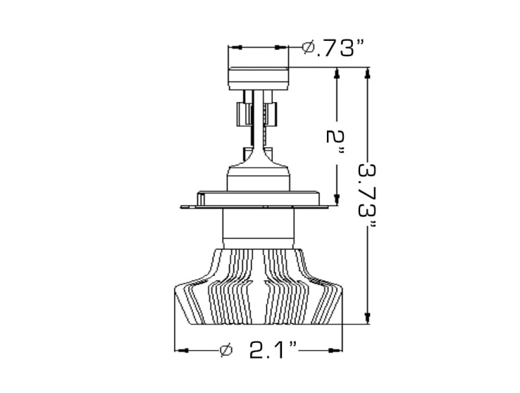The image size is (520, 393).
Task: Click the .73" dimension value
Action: (339, 47)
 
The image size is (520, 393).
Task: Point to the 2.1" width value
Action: (273, 351)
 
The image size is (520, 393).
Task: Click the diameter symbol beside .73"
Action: (309, 47)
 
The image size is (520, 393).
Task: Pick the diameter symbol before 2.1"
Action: (226, 351)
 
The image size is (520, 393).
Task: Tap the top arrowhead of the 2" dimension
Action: (337, 74)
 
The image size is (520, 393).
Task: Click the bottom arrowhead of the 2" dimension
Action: (337, 199)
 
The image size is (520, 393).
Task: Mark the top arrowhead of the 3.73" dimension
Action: (369, 74)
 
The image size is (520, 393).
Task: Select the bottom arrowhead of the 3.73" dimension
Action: (369, 318)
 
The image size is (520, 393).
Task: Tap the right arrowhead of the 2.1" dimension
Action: (337, 351)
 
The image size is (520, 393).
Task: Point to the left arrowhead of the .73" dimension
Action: (235, 47)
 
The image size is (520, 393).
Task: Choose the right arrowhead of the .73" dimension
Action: (282, 47)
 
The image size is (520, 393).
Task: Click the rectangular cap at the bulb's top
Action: (258, 77)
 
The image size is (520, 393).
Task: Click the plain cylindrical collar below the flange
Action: (258, 230)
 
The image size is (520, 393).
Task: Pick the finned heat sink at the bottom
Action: (258, 290)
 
